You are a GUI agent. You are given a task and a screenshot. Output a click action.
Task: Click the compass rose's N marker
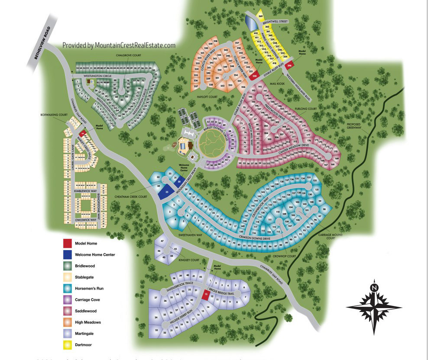tap(374, 286)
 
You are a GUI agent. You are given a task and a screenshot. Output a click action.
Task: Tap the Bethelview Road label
tap(42, 43)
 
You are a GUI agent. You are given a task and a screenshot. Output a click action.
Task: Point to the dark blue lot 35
tap(166, 193)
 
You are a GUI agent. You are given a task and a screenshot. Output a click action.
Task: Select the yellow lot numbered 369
tap(260, 16)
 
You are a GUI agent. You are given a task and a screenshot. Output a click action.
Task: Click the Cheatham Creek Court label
tap(130, 197)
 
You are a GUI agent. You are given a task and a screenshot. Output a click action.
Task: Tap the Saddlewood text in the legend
tap(86, 311)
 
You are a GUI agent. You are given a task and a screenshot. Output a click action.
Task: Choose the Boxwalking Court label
tap(54, 115)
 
